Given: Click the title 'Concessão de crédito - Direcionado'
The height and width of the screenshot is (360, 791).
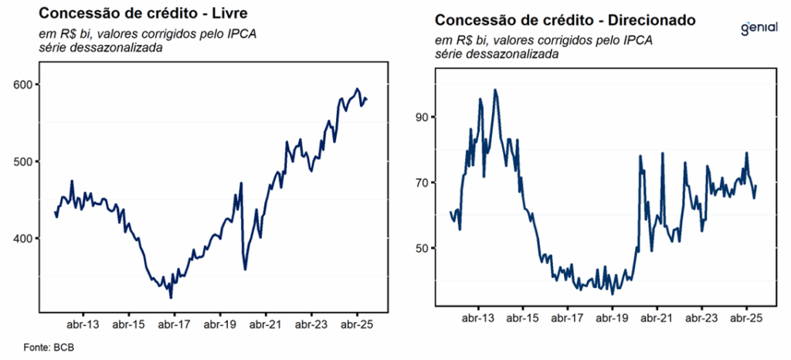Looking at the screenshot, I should tap(566, 19).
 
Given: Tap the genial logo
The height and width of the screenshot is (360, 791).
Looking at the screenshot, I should tap(759, 28).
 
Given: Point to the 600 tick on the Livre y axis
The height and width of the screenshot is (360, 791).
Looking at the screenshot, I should tap(22, 84).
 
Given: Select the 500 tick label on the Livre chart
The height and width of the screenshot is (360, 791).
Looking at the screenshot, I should tap(22, 161).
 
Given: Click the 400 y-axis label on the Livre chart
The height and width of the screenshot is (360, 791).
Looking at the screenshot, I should tap(22, 238).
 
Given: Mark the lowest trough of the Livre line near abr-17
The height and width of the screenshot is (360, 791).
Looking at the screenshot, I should tap(171, 297).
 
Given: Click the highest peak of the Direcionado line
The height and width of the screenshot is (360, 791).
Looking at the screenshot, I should tap(495, 90).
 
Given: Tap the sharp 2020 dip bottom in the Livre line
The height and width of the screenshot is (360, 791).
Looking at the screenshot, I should tap(245, 269).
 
